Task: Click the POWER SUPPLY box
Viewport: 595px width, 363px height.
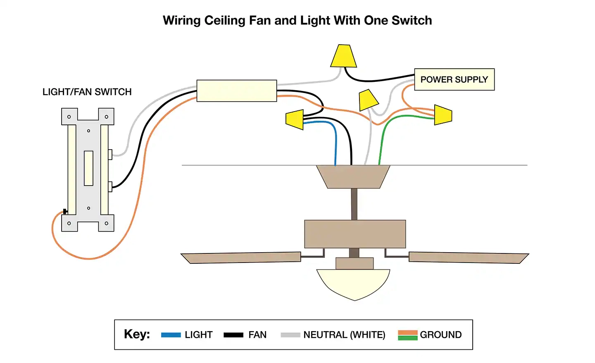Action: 454,79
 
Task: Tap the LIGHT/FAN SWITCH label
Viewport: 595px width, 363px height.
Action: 87,92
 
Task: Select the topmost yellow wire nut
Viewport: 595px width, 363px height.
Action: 343,56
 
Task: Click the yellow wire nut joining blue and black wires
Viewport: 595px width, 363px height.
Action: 295,119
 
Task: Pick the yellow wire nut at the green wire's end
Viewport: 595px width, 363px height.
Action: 443,115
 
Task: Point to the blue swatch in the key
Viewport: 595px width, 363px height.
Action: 171,335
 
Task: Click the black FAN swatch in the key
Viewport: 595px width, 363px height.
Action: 233,335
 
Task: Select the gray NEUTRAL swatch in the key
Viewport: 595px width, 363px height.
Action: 290,335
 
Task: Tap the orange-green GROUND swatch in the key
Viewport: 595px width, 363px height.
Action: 407,335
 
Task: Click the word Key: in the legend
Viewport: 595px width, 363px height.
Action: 137,334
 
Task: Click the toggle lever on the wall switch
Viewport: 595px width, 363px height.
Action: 88,168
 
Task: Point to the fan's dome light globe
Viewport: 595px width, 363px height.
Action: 353,284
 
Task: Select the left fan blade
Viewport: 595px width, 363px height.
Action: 242,257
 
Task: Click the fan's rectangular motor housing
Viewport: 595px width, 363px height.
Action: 355,234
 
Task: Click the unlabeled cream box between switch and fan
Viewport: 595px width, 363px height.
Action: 236,91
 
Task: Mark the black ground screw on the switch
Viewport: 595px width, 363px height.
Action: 65,212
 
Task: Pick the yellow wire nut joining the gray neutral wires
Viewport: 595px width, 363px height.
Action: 368,100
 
